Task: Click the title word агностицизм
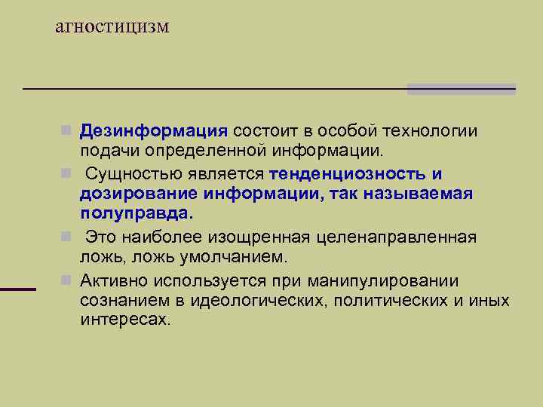click(113, 27)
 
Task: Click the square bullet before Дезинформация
click(68, 130)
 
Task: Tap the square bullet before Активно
click(68, 281)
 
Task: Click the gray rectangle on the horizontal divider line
click(461, 89)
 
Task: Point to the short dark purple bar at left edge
click(18, 289)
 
